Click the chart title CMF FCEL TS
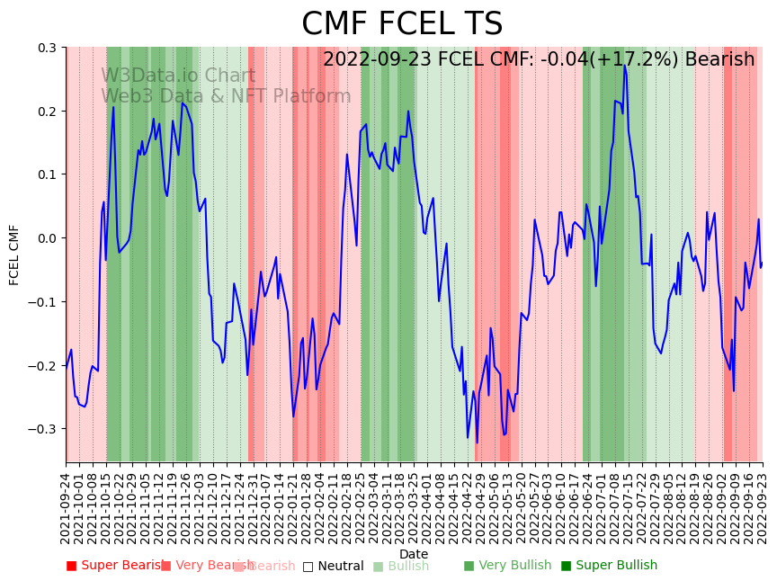coord(402,24)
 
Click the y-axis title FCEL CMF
coord(14,255)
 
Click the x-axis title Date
coord(414,554)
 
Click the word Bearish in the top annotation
coord(719,60)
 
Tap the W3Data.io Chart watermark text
coord(178,76)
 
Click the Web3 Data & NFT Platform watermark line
coord(226,96)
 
